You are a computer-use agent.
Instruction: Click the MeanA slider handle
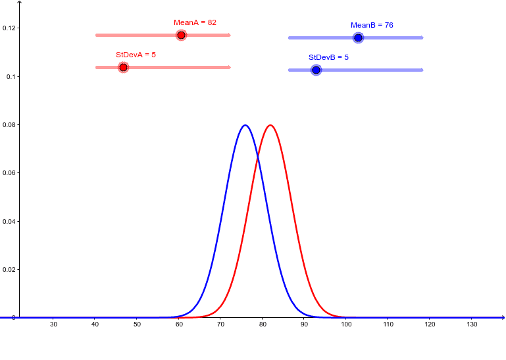pos(181,35)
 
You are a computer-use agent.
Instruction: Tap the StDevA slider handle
pos(123,67)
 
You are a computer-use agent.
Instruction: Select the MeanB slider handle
pos(358,38)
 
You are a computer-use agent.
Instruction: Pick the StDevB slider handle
pos(316,70)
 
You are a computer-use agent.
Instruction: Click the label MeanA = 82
pos(195,22)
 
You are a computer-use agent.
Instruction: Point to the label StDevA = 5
pos(136,55)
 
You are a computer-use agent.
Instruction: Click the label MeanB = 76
pos(372,25)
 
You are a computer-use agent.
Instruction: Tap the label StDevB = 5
pos(328,57)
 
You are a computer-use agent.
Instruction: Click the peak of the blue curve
pos(245,125)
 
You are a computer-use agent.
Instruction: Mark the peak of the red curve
pos(270,125)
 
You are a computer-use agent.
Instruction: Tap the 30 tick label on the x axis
pos(53,324)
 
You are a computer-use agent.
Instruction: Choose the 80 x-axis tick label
pos(263,324)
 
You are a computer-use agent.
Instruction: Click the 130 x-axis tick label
pos(472,324)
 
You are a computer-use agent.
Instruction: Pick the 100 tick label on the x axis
pos(346,324)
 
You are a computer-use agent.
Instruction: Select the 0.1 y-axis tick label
pos(11,76)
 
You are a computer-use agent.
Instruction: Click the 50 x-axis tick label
pos(137,324)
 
